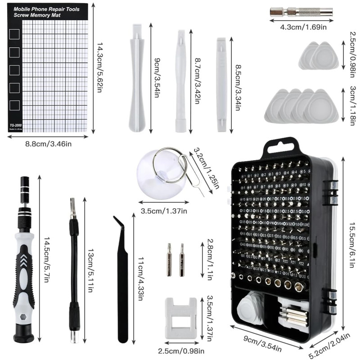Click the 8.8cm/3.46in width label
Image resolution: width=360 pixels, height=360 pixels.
point(49,144)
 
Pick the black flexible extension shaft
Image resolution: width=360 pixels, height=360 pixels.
point(73,270)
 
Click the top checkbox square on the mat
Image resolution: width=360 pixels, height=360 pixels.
point(15,34)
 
